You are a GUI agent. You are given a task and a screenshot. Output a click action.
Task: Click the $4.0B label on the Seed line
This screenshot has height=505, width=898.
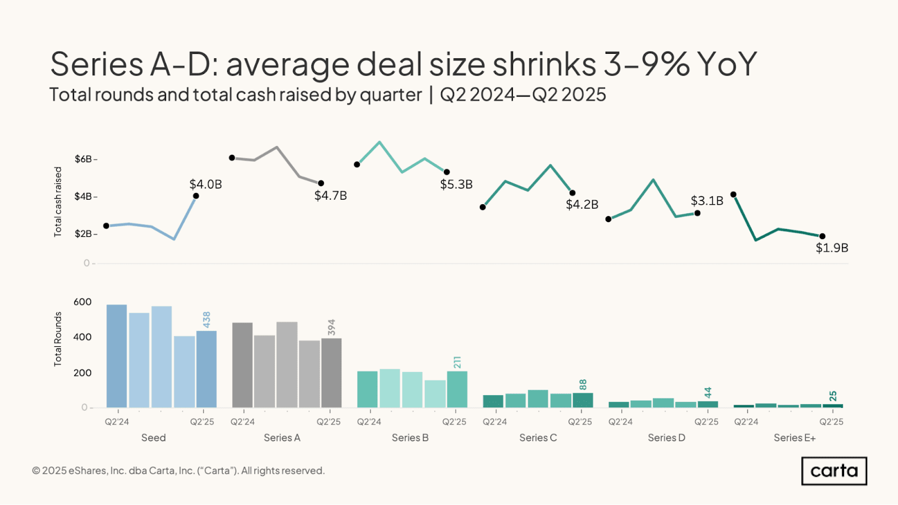coord(205,184)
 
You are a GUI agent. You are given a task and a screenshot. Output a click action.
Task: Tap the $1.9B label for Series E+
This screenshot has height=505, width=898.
coord(832,247)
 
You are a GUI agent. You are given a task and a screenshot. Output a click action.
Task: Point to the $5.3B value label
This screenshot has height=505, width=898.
coord(456,184)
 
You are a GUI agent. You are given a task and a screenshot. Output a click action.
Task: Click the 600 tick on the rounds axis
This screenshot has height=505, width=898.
coord(83,302)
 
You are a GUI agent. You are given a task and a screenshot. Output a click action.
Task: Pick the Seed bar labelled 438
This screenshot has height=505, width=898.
coord(207,369)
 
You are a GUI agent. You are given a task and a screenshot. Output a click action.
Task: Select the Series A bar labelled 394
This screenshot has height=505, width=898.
coord(332,373)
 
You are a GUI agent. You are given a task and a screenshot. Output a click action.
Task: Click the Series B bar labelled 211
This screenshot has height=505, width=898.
coord(457,389)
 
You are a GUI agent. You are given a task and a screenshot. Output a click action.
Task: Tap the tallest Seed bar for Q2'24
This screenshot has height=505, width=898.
coord(117,356)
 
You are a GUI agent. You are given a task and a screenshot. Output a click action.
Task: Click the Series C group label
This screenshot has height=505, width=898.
coord(538,438)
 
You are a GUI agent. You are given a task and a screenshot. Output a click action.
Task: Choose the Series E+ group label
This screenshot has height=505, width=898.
coord(794,438)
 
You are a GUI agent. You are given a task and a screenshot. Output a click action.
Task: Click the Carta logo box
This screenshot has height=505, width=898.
coord(834,471)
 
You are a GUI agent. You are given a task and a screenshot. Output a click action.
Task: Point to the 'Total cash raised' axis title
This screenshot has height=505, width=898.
coord(58,201)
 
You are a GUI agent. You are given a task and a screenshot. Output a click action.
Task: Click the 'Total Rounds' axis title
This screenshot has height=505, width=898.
coord(58,339)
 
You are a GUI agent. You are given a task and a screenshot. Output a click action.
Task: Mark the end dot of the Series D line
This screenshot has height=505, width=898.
coord(697,213)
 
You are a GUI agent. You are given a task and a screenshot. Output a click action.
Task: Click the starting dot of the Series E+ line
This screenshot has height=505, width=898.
coord(734,195)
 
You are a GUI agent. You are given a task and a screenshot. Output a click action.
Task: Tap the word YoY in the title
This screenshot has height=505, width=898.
coord(727,64)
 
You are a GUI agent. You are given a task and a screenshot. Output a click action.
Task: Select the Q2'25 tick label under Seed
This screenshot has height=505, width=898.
coord(202,421)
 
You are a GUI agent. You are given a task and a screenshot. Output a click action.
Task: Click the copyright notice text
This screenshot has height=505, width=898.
coord(178,471)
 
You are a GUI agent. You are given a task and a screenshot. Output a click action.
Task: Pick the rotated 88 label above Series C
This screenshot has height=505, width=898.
coord(583,384)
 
